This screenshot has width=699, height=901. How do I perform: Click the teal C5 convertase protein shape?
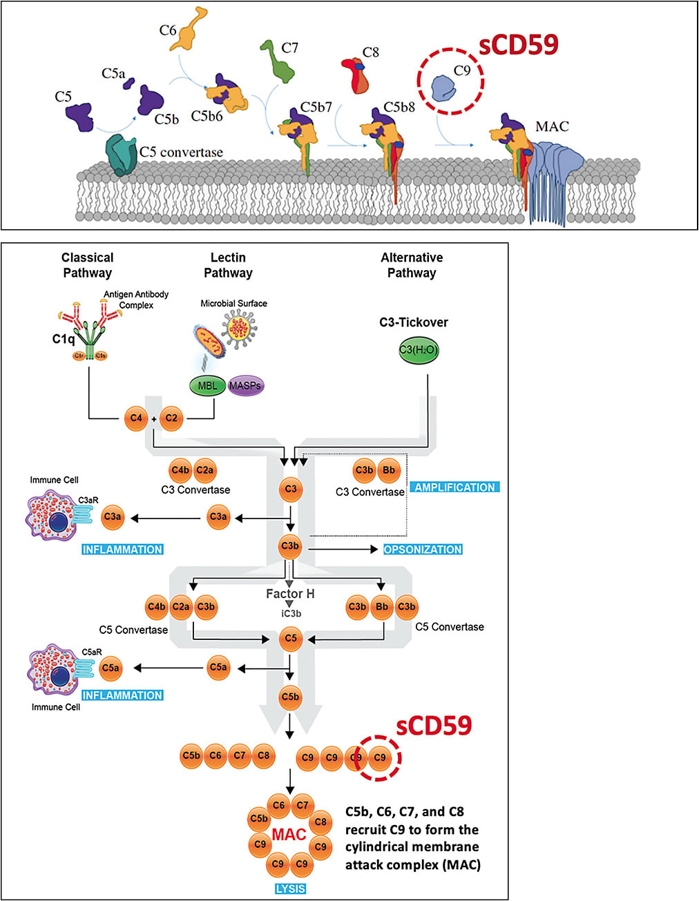[x=121, y=155]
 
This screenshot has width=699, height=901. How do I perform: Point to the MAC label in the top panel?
[x=552, y=126]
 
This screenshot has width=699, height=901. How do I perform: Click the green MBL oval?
[x=207, y=385]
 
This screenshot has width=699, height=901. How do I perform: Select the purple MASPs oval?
[x=245, y=385]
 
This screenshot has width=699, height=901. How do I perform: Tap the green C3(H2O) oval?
[x=418, y=350]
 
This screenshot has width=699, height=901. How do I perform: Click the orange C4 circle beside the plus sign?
[x=136, y=418]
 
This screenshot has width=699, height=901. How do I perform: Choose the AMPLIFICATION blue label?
[x=454, y=487]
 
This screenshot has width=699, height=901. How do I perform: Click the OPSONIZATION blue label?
[x=423, y=550]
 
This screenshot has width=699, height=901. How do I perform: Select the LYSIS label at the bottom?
[x=290, y=889]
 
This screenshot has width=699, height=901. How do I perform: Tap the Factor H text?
[x=290, y=594]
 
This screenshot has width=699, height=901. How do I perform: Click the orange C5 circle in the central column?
[x=291, y=639]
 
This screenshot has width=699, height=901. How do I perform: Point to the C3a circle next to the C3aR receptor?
[x=113, y=516]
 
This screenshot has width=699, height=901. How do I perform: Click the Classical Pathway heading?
[x=87, y=265]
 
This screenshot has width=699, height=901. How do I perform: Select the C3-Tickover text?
[x=413, y=322]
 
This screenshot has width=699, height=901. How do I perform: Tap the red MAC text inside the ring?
[x=289, y=835]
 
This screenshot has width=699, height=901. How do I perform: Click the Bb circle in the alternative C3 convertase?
[x=389, y=471]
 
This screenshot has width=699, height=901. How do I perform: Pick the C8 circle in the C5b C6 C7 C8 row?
[x=263, y=756]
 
